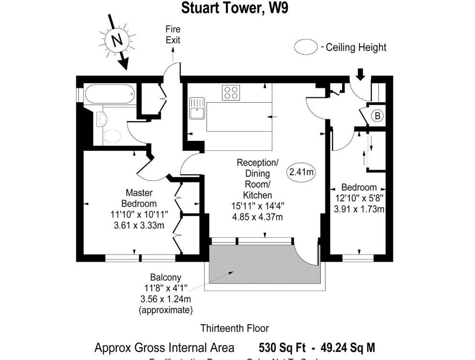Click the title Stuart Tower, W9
tap(234, 8)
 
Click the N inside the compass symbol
tap(115, 40)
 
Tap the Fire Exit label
tap(173, 35)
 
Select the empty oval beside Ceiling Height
tap(306, 47)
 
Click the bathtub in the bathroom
tap(109, 94)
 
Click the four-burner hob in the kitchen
tap(231, 92)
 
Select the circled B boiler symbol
tap(378, 116)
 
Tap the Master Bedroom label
tap(139, 198)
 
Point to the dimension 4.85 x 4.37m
tap(257, 217)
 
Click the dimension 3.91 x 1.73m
tap(359, 209)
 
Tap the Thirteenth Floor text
tap(234, 328)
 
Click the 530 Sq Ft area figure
tap(280, 347)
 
